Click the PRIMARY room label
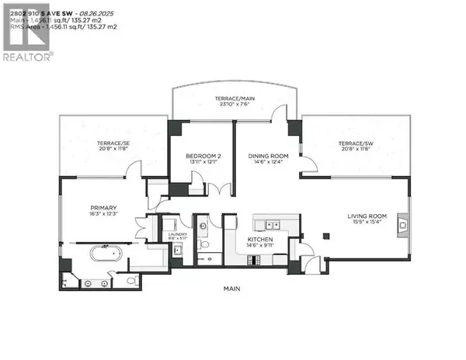(103, 208)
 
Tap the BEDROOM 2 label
(203, 157)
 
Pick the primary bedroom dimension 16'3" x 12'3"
(103, 215)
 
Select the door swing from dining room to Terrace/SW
(308, 165)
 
